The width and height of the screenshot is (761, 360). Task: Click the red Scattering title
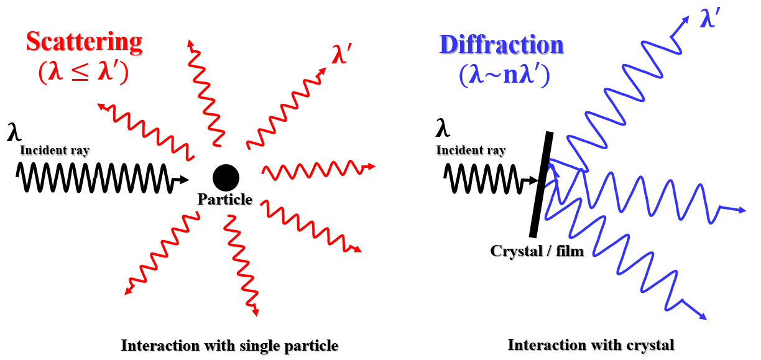84,42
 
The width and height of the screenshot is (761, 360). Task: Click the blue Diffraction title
501,45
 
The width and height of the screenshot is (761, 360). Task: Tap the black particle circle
226,178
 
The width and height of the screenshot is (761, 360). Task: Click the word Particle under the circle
225,200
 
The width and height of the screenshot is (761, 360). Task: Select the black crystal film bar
542,184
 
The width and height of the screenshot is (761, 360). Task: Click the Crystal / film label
537,252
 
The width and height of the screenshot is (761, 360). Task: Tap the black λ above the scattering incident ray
13,132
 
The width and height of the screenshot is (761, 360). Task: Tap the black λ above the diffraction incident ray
442,129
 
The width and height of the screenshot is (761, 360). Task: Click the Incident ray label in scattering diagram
55,150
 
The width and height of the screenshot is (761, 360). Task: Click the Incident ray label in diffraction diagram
471,150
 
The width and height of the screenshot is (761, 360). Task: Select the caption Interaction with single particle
229,346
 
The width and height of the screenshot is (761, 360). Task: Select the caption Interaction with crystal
591,344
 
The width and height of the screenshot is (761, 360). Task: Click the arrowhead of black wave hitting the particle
184,180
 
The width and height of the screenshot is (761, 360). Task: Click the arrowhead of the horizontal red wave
372,167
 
